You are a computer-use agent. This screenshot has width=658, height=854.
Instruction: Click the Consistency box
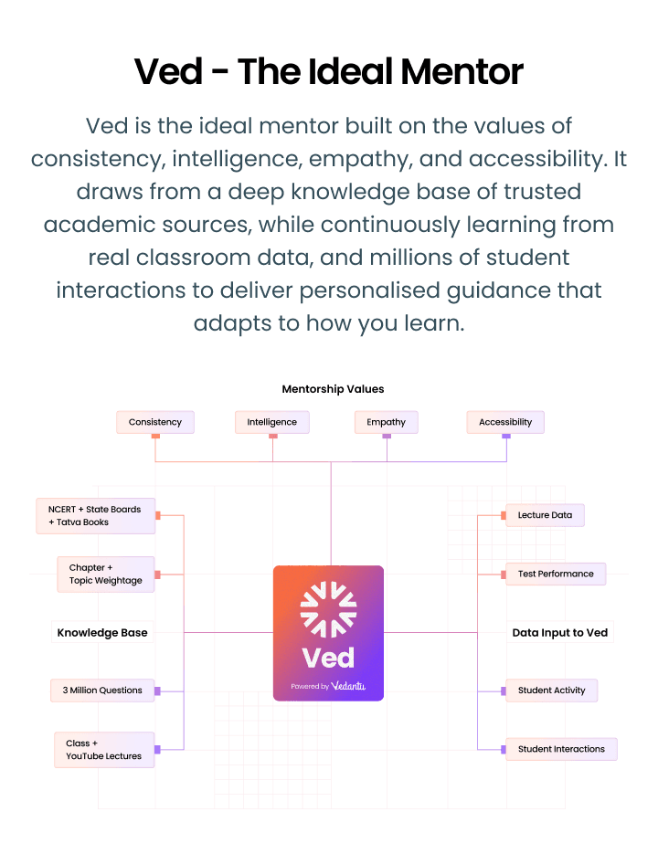tap(155, 422)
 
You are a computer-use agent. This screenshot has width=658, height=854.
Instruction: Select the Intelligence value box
tap(272, 422)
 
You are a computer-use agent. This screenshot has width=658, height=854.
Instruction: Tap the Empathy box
tap(386, 422)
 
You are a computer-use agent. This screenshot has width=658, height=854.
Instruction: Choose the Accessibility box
tap(505, 422)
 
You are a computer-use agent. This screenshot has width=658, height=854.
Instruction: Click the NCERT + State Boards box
tap(95, 516)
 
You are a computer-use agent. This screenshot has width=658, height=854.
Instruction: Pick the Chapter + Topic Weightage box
tap(106, 575)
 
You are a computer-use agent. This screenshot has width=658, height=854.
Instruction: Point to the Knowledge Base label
tap(102, 632)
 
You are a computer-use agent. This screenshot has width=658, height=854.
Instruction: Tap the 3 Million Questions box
tap(102, 691)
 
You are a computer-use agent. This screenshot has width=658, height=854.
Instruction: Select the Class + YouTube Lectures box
tap(104, 750)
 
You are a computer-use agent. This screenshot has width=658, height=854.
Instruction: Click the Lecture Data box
tap(546, 515)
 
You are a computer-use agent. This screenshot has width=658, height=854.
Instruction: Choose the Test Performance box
tap(556, 575)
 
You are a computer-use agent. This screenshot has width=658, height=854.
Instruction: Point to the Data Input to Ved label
tap(560, 632)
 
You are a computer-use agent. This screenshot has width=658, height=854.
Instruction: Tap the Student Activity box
tap(552, 691)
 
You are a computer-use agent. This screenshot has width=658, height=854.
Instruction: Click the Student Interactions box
tap(561, 750)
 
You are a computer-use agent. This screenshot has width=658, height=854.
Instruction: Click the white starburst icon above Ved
tap(329, 609)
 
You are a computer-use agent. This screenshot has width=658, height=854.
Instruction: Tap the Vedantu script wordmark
tap(348, 686)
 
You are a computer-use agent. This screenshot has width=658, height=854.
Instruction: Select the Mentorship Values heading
tap(333, 389)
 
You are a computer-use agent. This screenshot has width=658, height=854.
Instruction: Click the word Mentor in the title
tap(462, 71)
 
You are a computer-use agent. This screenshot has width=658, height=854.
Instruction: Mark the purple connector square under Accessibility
tap(506, 437)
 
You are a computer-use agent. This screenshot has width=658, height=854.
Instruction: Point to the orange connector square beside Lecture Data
tap(504, 515)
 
